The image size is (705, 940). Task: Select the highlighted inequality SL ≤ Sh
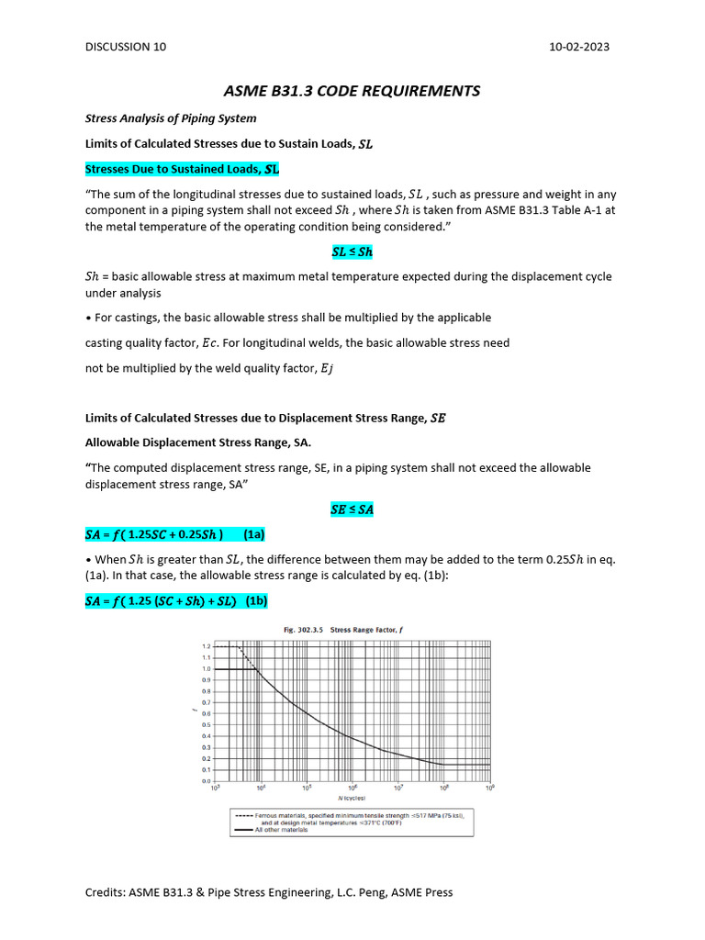[352, 252]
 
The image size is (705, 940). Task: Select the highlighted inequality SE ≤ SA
[352, 509]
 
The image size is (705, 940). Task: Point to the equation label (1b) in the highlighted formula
[256, 600]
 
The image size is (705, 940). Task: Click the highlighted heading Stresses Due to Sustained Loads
[182, 169]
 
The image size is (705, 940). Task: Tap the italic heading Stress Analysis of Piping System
[171, 118]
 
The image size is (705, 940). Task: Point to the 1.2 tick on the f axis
[206, 646]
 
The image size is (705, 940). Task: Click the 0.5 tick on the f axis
[206, 725]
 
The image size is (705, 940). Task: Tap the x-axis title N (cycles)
[352, 798]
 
